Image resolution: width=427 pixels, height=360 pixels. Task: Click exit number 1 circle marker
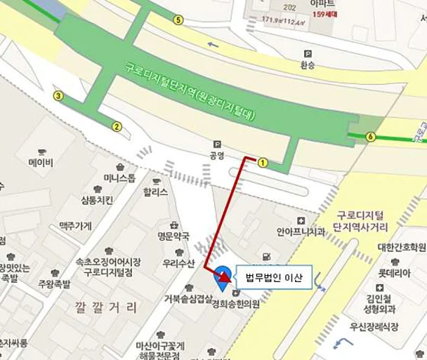coord(263,162)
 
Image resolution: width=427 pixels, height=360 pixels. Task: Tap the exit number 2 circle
coord(117,126)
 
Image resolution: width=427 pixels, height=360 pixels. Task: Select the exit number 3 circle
coord(58,96)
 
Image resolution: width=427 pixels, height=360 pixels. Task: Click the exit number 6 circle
coord(369,137)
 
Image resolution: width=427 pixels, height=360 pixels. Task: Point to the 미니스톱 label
coord(117,178)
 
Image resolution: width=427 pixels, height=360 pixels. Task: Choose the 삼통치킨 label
coord(97,201)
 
